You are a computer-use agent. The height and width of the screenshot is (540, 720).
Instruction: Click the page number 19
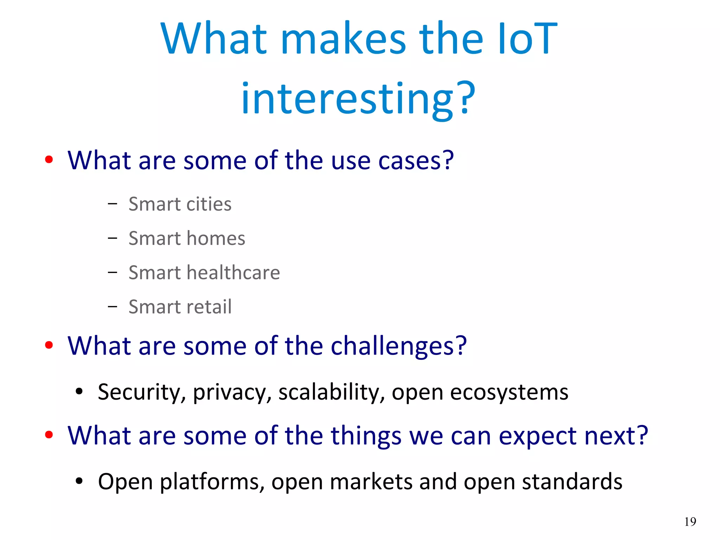point(690,521)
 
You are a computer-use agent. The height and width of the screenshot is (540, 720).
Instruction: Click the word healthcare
point(233,273)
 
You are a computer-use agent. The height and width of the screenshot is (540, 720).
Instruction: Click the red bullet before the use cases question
point(49,160)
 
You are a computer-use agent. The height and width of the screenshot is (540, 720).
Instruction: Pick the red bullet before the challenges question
point(49,345)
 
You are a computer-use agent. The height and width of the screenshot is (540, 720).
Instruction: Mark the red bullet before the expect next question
point(49,435)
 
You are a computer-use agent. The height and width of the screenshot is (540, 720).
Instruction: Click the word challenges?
point(399,346)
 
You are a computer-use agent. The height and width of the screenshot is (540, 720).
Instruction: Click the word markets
point(371,482)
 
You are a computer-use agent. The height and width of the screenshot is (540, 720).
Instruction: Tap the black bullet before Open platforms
point(79,481)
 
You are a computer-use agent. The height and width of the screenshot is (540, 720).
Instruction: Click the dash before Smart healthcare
point(112,272)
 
